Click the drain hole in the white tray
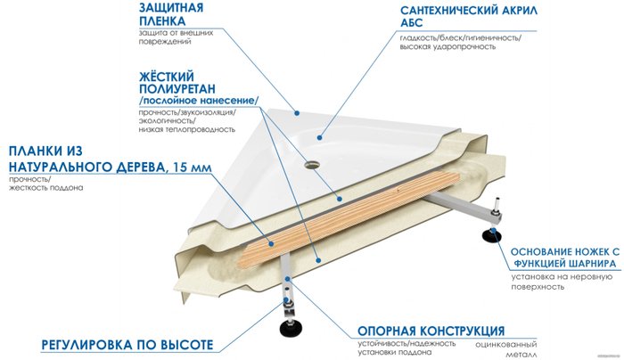(311, 163)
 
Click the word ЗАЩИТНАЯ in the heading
(171, 7)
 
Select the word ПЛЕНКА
(162, 21)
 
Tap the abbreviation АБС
(412, 23)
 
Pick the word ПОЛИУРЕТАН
(177, 88)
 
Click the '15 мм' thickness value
(190, 168)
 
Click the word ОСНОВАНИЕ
(543, 252)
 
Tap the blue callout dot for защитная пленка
(297, 113)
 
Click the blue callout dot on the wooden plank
(271, 243)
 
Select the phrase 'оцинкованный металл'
(506, 349)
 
